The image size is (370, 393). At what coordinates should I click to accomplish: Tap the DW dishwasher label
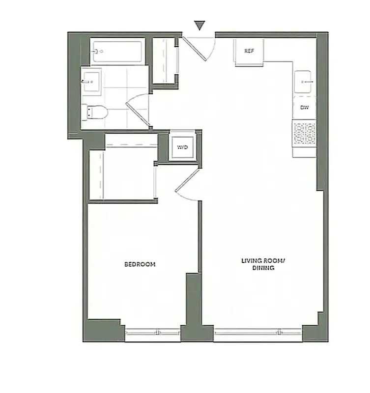coord(305,109)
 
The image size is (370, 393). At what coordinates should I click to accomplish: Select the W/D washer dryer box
coord(181,147)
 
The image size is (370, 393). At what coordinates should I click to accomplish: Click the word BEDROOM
coord(140,264)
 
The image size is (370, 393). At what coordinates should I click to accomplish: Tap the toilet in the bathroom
coord(93,112)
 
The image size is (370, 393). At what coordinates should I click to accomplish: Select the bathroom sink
coord(91,82)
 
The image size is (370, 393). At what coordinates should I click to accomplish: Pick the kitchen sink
coord(304,80)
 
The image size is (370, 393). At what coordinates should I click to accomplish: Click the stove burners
coord(304,133)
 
